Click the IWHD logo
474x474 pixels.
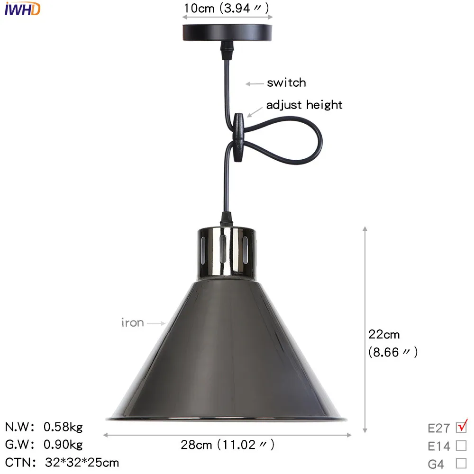tap(22, 9)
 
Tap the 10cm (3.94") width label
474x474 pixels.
tap(227, 8)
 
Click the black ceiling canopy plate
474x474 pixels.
tap(227, 33)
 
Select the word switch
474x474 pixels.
tap(286, 82)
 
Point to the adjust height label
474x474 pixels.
tap(304, 105)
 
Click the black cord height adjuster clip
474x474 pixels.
tap(238, 137)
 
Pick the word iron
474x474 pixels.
tap(132, 322)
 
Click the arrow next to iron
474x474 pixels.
tap(156, 323)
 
